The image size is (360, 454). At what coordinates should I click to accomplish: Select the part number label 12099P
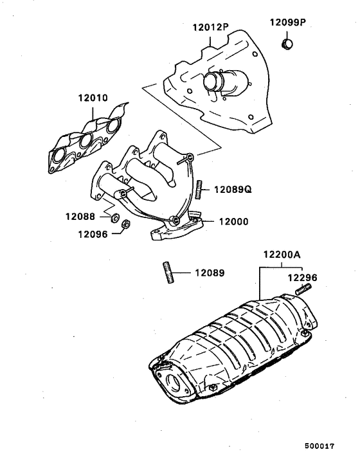287,21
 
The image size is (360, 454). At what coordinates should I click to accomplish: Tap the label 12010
93,100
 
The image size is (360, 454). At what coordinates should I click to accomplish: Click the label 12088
80,217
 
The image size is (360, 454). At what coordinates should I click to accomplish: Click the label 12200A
281,254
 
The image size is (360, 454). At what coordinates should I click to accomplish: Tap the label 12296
301,278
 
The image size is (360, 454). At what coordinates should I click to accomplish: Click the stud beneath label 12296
303,291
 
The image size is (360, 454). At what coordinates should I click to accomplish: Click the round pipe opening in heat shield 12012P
212,83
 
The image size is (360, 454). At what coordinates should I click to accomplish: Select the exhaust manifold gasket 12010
85,140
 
